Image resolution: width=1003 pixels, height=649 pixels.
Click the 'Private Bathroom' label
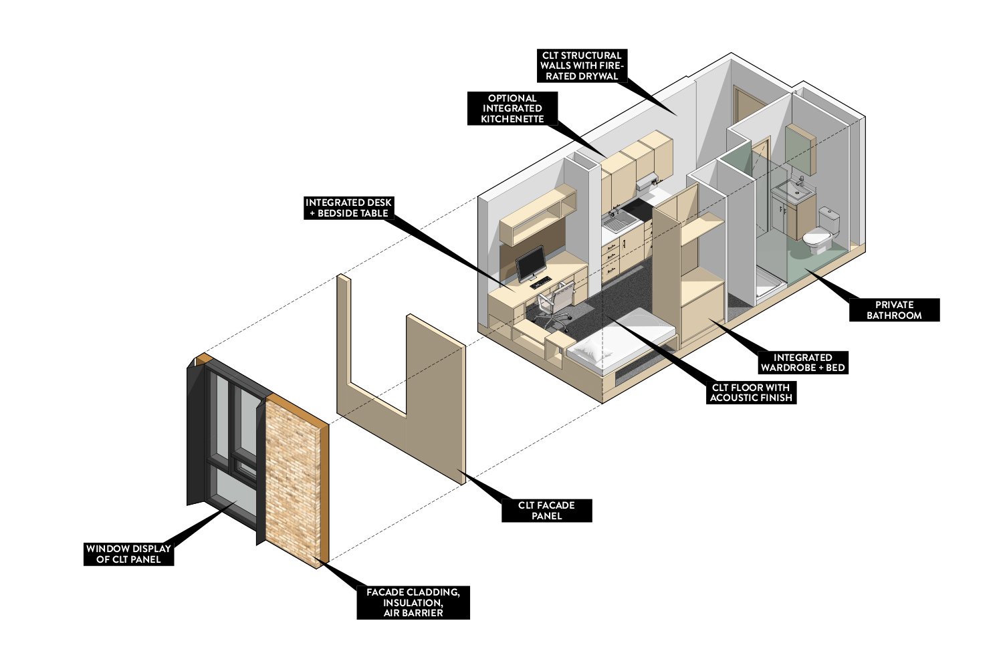tap(894, 310)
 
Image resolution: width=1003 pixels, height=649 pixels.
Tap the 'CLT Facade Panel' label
tap(546, 511)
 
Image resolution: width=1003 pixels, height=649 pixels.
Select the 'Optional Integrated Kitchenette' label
tap(512, 108)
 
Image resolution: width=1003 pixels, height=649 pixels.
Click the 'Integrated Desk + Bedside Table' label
tap(348, 207)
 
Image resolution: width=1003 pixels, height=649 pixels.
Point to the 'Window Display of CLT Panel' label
tap(128, 554)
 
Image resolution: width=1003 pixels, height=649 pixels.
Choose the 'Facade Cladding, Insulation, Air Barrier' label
tap(413, 602)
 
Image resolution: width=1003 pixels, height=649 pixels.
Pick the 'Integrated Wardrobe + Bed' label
tap(802, 362)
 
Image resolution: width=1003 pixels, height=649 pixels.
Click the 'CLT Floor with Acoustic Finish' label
tap(750, 392)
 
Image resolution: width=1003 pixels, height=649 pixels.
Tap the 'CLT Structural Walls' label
tap(581, 66)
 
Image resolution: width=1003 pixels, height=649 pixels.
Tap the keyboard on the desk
tap(540, 283)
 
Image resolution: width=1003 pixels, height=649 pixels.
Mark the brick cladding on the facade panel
tap(292, 481)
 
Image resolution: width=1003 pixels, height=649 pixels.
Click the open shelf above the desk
tap(538, 214)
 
